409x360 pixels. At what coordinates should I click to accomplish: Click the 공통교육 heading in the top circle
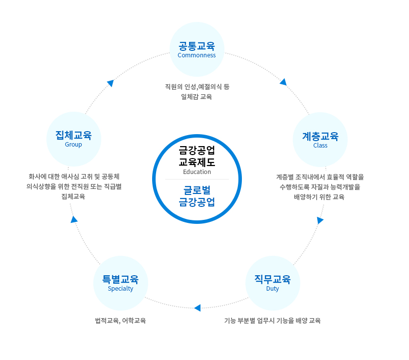197,46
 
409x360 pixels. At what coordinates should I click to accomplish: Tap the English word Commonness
197,55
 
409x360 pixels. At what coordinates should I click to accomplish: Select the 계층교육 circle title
320,136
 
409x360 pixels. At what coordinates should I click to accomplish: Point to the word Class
320,146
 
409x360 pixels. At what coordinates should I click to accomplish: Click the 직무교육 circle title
272,279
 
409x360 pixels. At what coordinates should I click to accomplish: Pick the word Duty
272,289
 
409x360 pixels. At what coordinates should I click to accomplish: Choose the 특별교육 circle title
120,279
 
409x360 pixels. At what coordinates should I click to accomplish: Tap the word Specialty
120,289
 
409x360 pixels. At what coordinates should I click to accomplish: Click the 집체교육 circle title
73,135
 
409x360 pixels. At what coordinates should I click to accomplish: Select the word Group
73,145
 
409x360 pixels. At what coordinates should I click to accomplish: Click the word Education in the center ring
197,172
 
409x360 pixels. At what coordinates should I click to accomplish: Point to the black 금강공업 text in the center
197,150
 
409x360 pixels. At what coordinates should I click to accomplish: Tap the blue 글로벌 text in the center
197,190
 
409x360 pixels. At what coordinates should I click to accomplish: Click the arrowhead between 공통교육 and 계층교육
283,82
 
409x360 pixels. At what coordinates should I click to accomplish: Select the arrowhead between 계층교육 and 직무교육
320,220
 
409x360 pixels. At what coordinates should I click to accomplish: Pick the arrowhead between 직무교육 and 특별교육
198,308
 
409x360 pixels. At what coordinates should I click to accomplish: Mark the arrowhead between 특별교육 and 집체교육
74,219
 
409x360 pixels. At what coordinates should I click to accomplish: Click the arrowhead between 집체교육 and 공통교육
111,83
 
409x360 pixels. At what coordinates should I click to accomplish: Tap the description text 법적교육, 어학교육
120,321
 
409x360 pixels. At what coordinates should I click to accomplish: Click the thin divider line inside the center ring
197,179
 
